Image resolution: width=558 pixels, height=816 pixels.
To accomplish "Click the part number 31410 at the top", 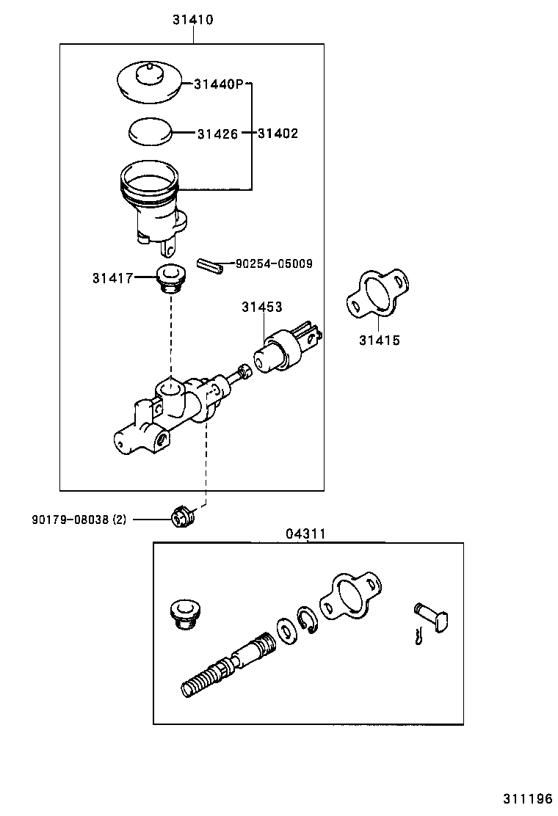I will [x=193, y=21].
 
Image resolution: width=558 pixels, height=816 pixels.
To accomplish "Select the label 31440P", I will [x=218, y=84].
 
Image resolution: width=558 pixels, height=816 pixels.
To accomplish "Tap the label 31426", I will [x=217, y=134].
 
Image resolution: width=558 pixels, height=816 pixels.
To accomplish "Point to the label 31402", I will [x=278, y=134].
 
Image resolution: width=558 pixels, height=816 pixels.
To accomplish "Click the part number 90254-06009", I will [x=274, y=263].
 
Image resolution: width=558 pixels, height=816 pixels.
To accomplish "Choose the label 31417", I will [x=112, y=277].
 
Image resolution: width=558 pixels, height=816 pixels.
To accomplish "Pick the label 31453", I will [x=262, y=307].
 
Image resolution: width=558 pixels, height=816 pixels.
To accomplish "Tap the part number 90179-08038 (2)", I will [x=79, y=520].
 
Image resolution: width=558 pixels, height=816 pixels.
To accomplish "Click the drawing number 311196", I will [x=527, y=798].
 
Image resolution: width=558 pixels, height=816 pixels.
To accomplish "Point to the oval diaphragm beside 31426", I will [x=149, y=132].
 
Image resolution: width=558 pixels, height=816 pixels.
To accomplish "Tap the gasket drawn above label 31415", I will [x=376, y=295].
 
